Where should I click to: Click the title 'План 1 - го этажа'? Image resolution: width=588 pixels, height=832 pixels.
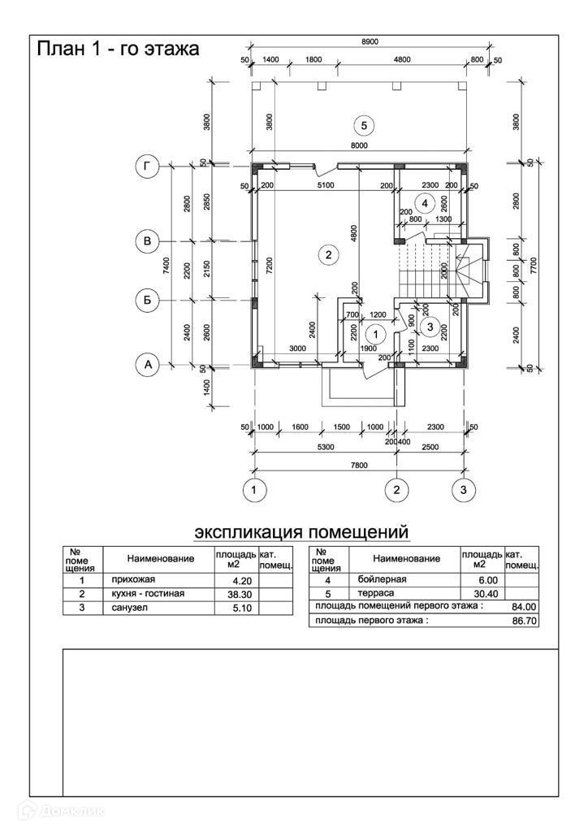pyautogui.click(x=118, y=49)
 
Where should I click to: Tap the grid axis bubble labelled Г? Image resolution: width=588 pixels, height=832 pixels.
pyautogui.click(x=147, y=167)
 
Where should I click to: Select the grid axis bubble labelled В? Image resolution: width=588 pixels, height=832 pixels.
pyautogui.click(x=147, y=241)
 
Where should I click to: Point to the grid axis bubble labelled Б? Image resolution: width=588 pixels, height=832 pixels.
pyautogui.click(x=147, y=300)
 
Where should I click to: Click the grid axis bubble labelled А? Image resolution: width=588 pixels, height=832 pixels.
pyautogui.click(x=147, y=365)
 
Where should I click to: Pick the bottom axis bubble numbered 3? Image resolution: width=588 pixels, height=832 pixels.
pyautogui.click(x=464, y=489)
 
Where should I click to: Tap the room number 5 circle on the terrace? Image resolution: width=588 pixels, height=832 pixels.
pyautogui.click(x=364, y=125)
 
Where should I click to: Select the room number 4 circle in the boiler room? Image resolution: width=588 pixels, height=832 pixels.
pyautogui.click(x=423, y=201)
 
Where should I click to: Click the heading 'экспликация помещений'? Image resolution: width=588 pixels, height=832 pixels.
pyautogui.click(x=300, y=532)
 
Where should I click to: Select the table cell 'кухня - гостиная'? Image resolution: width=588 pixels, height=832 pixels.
pyautogui.click(x=148, y=594)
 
